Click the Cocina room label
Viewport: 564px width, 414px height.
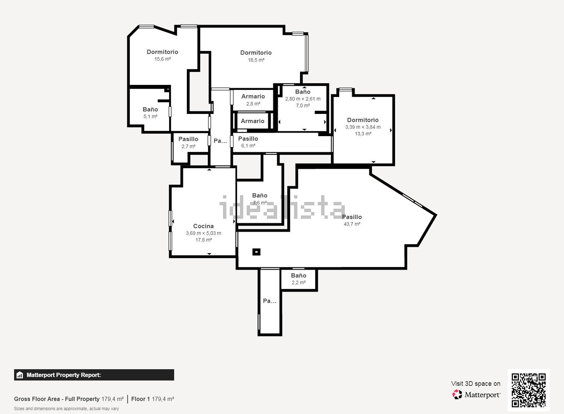click(x=203, y=226)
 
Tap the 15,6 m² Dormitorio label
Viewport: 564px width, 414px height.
click(x=162, y=52)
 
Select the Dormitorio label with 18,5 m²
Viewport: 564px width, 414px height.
click(x=256, y=53)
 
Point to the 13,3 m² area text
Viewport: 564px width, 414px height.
click(x=363, y=134)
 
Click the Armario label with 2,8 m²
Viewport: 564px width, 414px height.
click(x=253, y=96)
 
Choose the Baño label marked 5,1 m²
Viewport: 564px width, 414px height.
click(x=150, y=109)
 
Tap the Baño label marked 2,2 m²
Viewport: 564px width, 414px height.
click(x=299, y=276)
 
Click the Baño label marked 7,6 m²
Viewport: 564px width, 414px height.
click(x=259, y=196)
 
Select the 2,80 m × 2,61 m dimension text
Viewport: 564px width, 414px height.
click(x=303, y=99)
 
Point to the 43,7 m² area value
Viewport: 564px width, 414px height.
click(x=352, y=224)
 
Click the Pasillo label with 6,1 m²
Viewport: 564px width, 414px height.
click(x=248, y=139)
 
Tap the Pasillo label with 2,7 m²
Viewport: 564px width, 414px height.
click(x=188, y=139)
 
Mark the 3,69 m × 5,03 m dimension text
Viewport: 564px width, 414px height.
click(x=203, y=233)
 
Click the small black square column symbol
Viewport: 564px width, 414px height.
click(x=256, y=252)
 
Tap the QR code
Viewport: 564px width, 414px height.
click(x=528, y=390)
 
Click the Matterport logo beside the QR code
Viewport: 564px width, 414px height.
click(x=476, y=394)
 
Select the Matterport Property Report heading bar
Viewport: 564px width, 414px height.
click(x=94, y=375)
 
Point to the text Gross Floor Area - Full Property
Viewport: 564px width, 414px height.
click(x=57, y=399)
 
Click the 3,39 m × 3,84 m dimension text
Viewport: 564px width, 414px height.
click(x=363, y=127)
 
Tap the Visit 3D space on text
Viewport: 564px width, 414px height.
click(x=476, y=384)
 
